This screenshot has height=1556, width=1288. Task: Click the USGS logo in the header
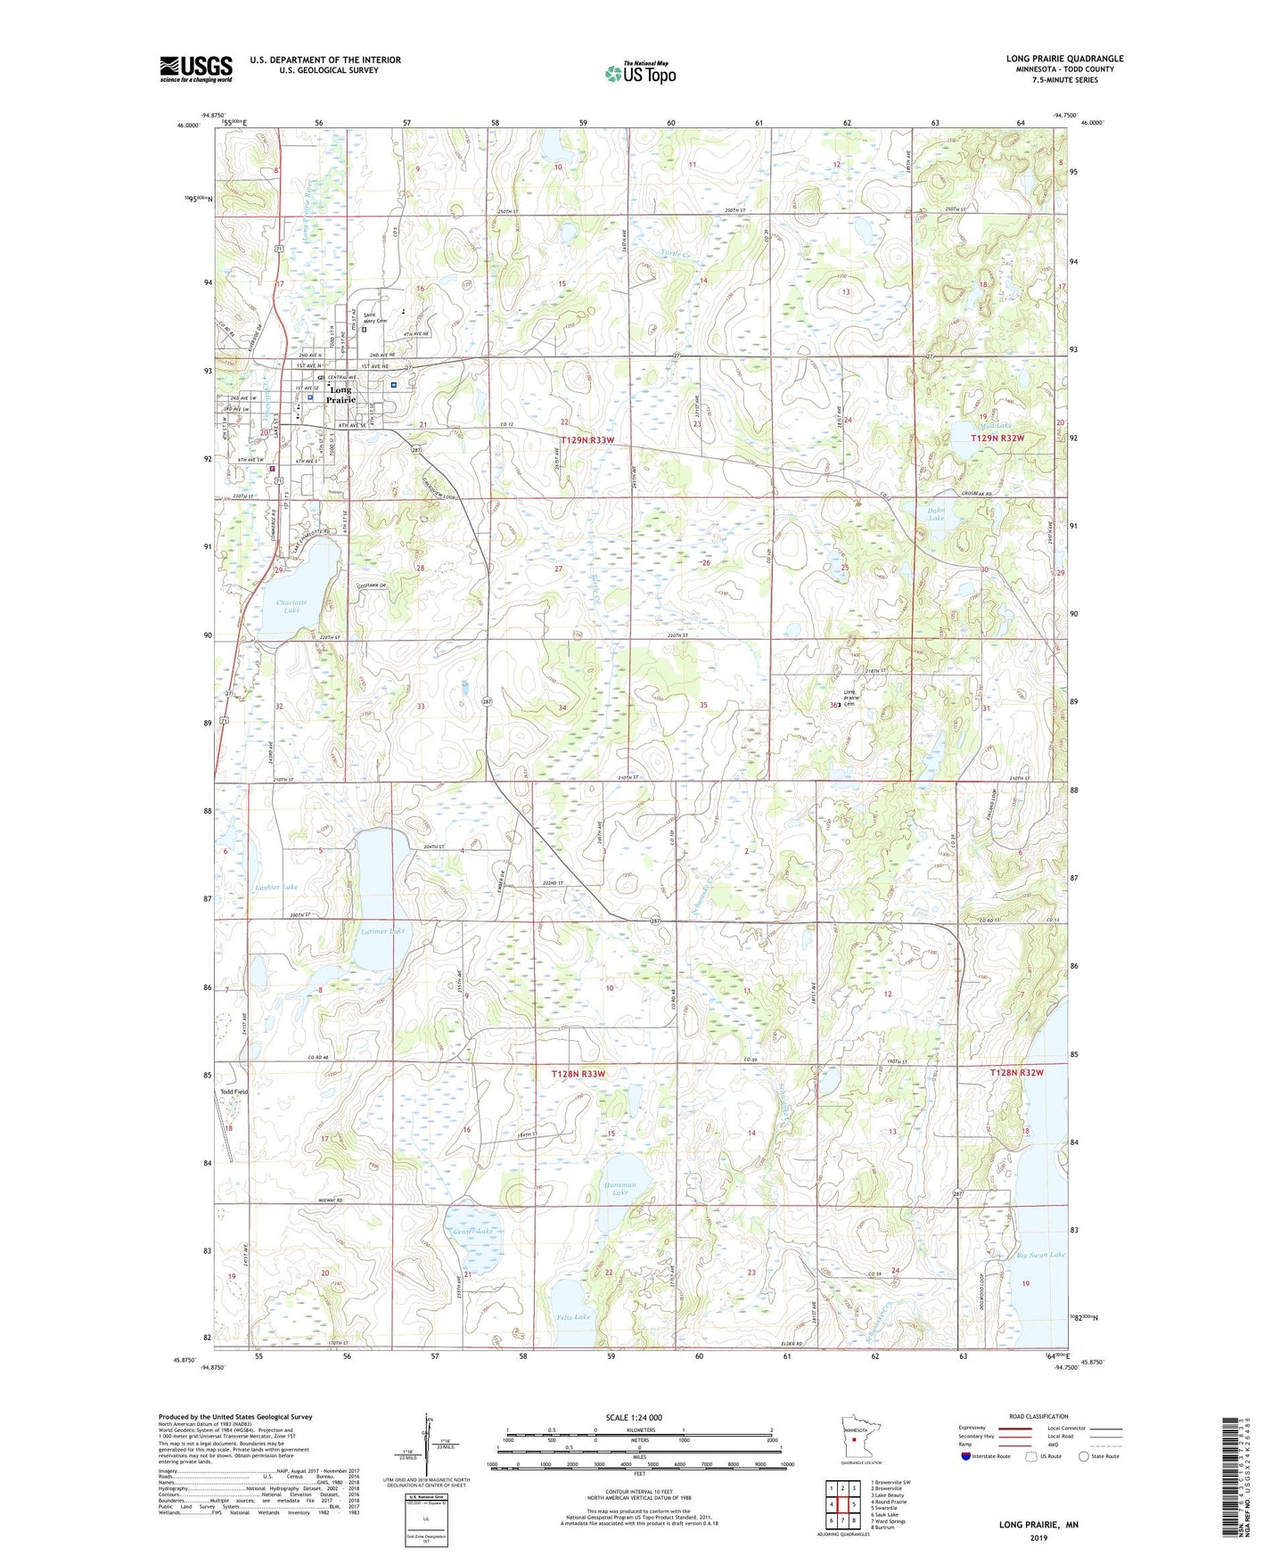pos(195,69)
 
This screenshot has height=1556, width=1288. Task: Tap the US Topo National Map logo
pos(639,73)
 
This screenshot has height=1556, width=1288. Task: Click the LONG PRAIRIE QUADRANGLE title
pos(1064,59)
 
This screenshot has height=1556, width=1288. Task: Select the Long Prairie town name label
pos(340,395)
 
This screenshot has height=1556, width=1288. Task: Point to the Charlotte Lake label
pos(291,607)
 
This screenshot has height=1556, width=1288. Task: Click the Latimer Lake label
pos(382,931)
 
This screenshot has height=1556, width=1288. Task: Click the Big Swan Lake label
pos(1040,1255)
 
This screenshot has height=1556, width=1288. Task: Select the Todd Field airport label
pos(234,1092)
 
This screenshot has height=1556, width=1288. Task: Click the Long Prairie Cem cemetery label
pos(849,700)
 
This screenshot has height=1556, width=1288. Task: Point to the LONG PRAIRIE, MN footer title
pos(1038,1525)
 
